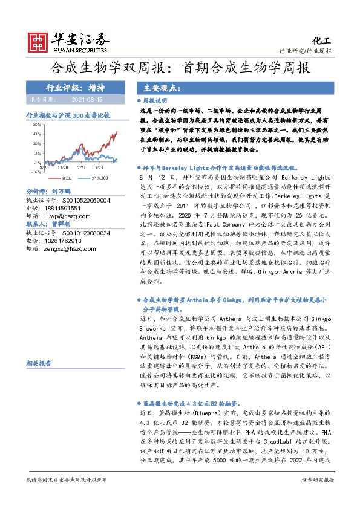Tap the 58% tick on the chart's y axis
37,124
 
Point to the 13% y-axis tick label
37,153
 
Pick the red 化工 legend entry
62,178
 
